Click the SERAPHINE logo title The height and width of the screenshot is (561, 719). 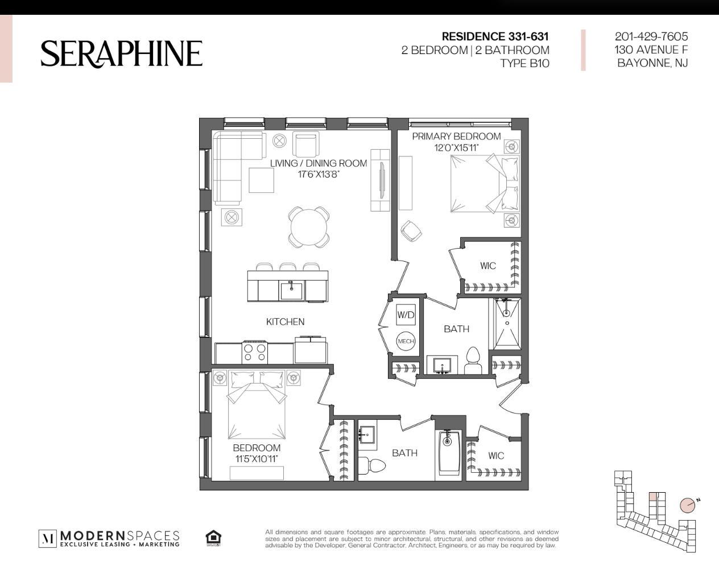coord(121,54)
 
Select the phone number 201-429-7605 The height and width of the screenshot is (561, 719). coord(651,36)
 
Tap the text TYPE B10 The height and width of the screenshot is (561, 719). coord(525,63)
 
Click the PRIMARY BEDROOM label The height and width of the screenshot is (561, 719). coord(456,137)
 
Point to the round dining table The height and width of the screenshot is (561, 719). coord(309,228)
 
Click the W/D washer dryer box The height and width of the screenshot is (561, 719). coord(406,314)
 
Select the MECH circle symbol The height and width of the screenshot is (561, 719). coord(406,341)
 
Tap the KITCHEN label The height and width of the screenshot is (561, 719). coord(285,321)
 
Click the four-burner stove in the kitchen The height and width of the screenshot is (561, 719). coord(255,353)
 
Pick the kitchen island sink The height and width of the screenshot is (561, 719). coord(291,291)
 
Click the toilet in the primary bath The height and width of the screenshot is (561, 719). coord(473,360)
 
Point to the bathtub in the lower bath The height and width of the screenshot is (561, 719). coord(450,455)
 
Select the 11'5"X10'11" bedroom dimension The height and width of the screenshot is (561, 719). coord(257,459)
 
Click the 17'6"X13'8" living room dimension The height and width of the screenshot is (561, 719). coord(319,175)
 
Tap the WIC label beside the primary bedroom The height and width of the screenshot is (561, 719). coord(488,266)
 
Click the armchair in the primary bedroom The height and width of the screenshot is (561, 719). coord(411,230)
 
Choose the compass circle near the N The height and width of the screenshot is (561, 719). coord(687,505)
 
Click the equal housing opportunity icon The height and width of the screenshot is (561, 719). coord(213,538)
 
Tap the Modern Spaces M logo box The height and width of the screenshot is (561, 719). coord(48,538)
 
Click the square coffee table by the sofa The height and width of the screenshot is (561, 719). coord(261,180)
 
